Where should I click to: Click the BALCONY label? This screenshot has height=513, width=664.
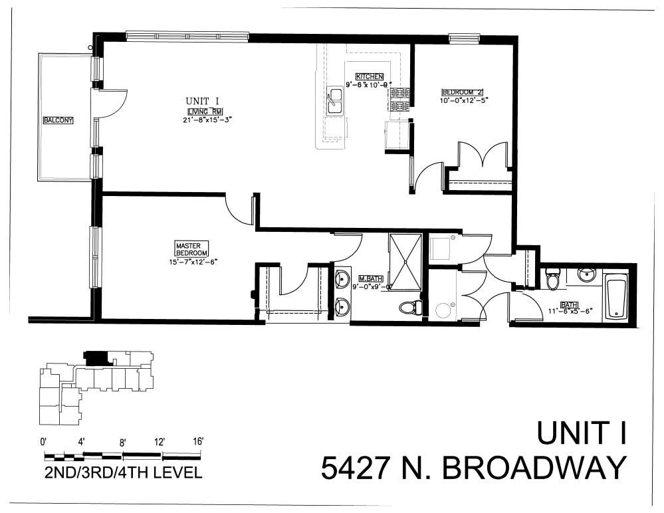[x=58, y=120]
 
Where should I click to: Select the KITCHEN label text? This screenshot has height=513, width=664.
[x=370, y=76]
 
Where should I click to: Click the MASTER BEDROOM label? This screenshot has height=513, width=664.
[x=191, y=249]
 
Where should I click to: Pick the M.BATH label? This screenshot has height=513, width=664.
[x=369, y=278]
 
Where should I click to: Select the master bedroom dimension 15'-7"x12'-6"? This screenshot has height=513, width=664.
[x=193, y=262]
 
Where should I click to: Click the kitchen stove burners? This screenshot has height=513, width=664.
[x=400, y=100]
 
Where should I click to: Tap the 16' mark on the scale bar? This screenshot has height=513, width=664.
[x=197, y=441]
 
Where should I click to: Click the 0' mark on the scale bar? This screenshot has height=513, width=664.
[x=45, y=441]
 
